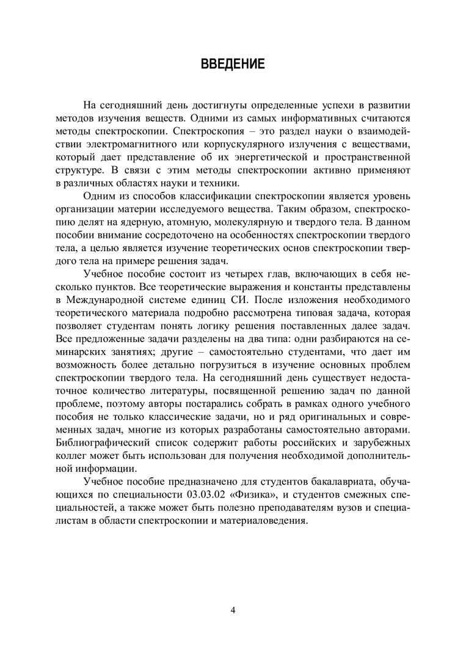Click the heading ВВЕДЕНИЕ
233,64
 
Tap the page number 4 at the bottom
233,610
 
